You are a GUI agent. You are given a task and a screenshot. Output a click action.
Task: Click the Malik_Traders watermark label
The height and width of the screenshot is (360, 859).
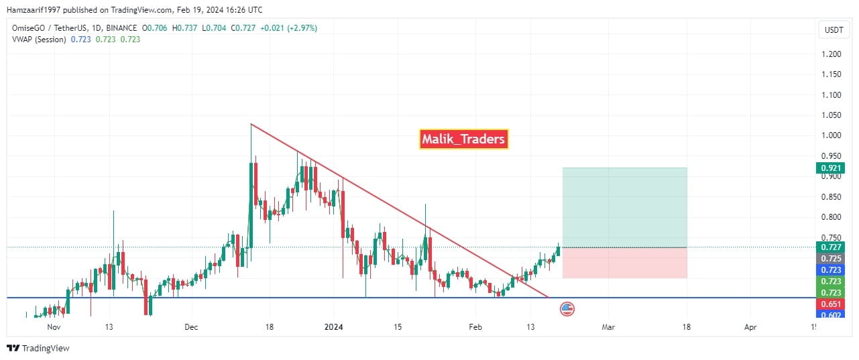tap(463, 139)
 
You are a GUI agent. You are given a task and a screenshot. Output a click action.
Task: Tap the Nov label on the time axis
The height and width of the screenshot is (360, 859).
tap(54, 327)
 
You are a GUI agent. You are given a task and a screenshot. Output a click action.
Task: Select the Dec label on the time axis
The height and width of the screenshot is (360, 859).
tap(192, 327)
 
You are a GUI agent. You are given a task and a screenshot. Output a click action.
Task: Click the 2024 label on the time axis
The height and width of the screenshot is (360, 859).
tap(333, 327)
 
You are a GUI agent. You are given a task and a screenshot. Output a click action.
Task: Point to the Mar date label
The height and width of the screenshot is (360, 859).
tap(608, 327)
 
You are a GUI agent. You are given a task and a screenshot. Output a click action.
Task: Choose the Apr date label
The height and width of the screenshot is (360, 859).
tap(750, 327)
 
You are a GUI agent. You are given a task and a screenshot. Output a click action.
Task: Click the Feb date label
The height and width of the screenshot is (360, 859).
tap(475, 327)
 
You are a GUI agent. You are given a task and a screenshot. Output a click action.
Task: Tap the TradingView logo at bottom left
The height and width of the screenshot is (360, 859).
tap(38, 348)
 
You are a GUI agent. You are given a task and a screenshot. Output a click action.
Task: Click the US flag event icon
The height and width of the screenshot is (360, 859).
tap(567, 309)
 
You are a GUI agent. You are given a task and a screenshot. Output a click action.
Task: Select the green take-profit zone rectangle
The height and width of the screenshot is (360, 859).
tap(624, 207)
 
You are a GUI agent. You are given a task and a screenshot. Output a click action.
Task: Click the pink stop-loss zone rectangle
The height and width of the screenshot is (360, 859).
tap(624, 263)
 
